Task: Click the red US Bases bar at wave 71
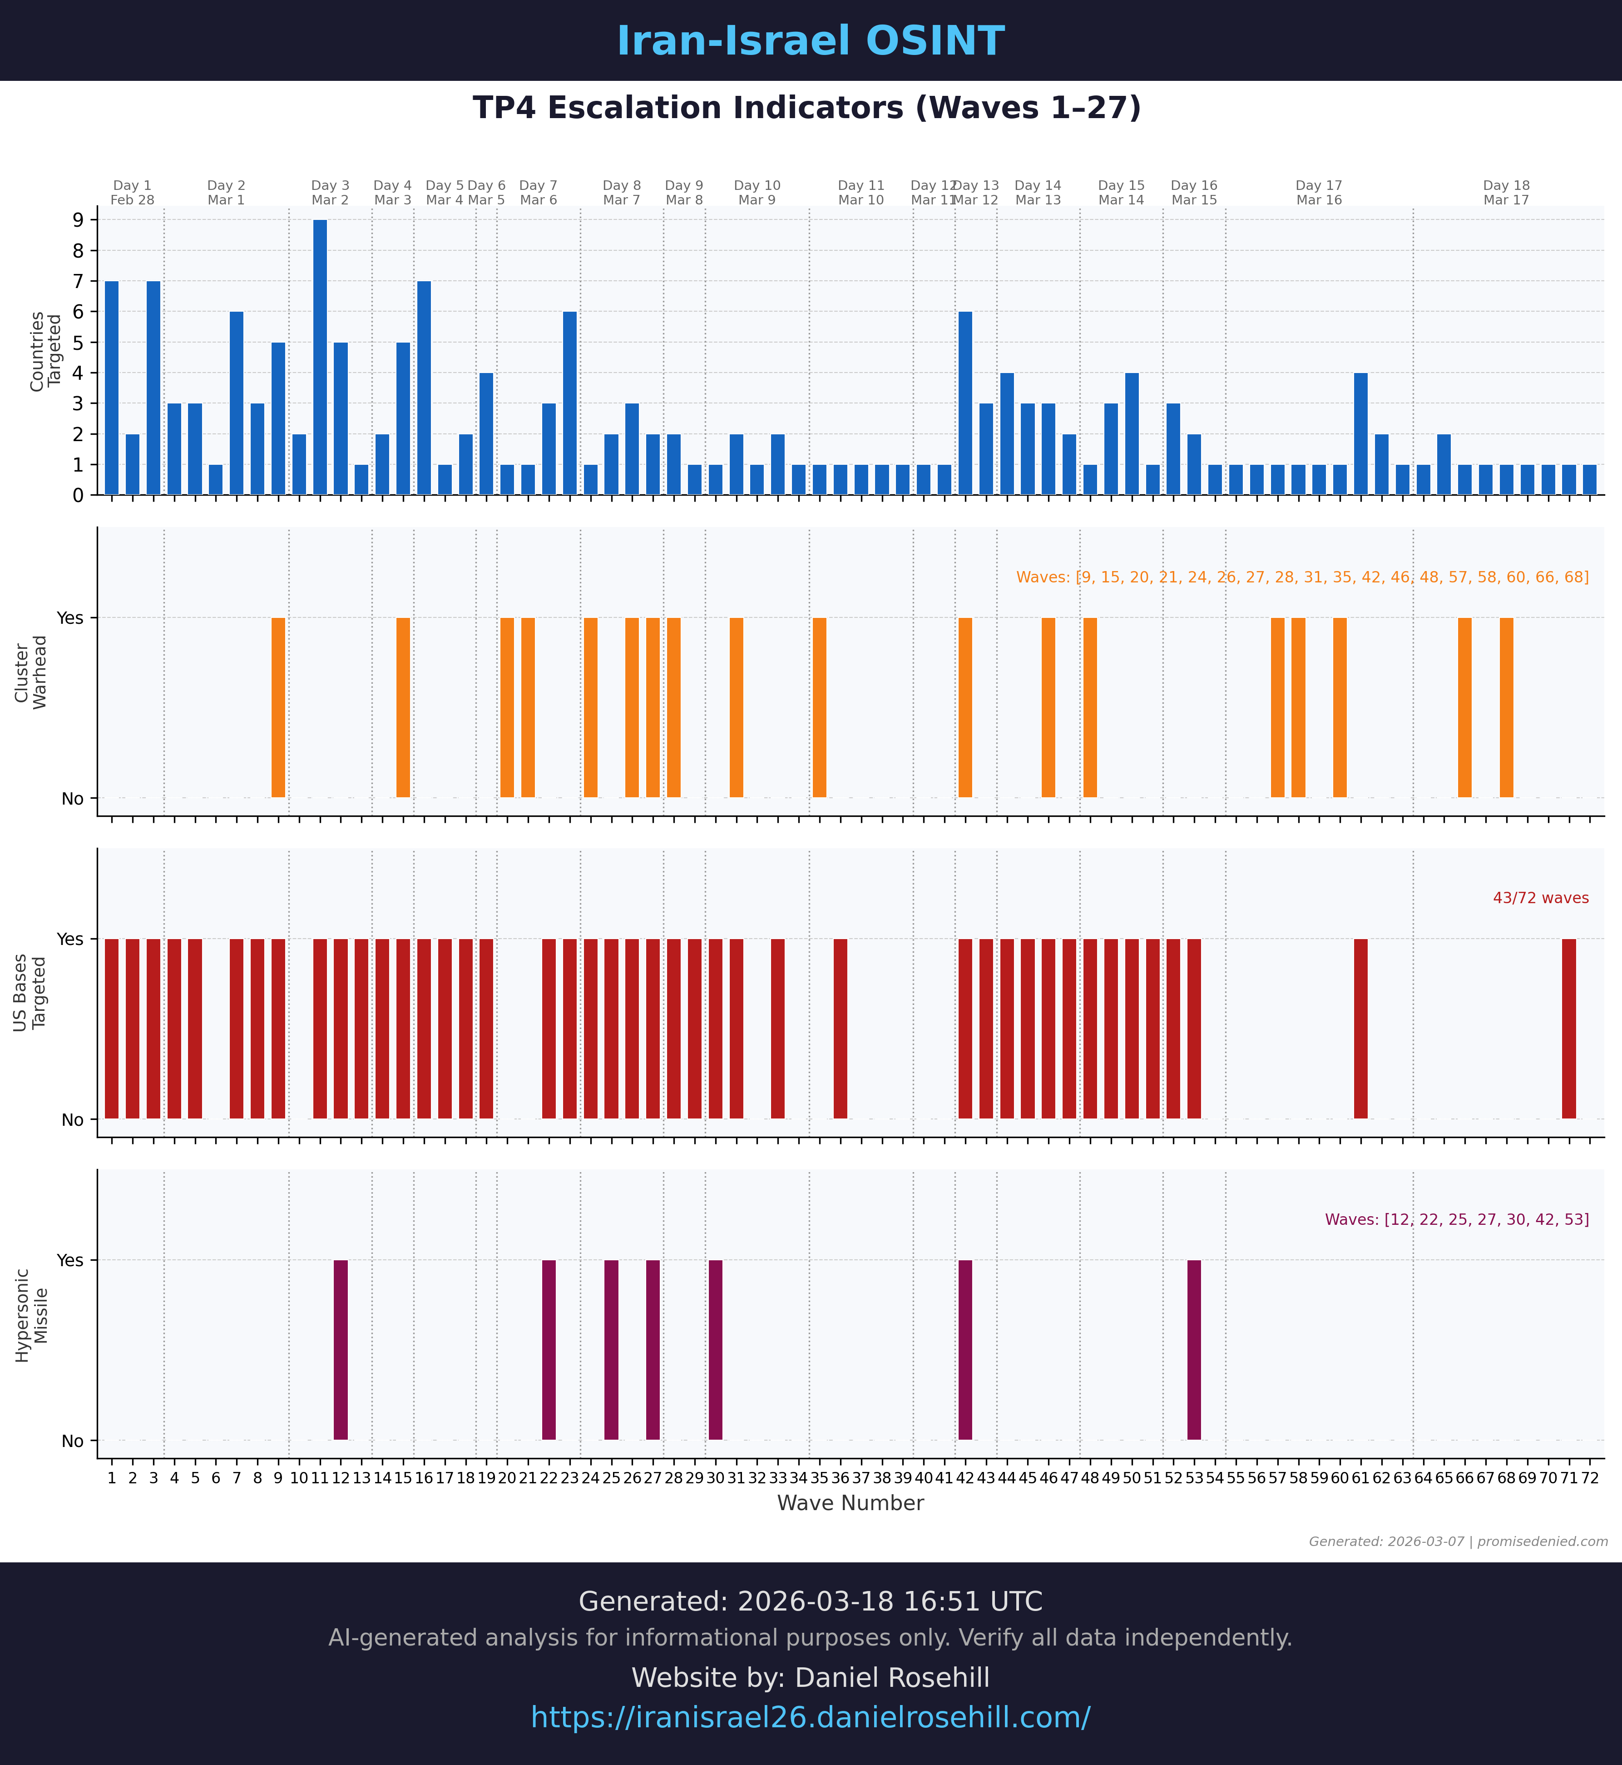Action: (x=1568, y=1028)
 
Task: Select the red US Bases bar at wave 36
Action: (x=840, y=1028)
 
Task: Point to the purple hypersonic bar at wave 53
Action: (x=1194, y=1350)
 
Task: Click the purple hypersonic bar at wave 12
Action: (x=341, y=1350)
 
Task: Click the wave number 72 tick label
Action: (x=1589, y=1478)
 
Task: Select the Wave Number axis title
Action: (x=850, y=1503)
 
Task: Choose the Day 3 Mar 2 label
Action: (x=330, y=192)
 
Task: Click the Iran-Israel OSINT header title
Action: (x=810, y=41)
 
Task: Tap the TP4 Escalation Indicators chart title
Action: (x=806, y=108)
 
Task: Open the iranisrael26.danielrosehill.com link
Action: (x=810, y=1717)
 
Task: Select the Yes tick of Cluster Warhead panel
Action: (x=70, y=617)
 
